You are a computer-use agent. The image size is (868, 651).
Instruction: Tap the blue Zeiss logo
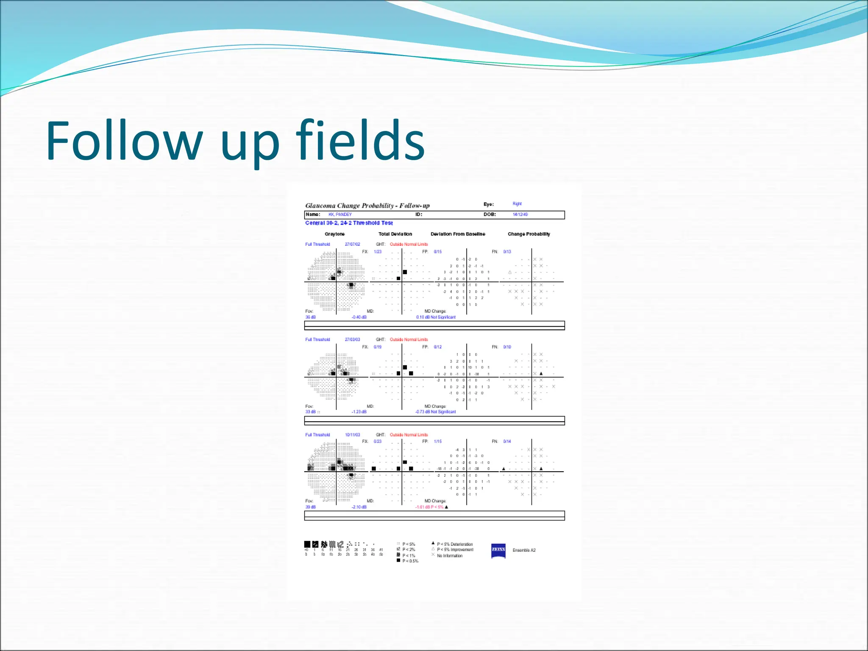(498, 550)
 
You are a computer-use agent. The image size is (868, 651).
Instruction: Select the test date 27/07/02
(352, 245)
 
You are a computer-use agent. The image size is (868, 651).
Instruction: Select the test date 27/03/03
(352, 339)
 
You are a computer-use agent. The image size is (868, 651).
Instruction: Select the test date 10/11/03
(352, 435)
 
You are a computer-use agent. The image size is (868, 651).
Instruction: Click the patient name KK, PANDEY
(340, 214)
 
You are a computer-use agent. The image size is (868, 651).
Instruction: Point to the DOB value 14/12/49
(520, 214)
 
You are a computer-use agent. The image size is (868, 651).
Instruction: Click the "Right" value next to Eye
(517, 204)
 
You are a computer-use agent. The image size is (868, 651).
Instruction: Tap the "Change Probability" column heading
(529, 234)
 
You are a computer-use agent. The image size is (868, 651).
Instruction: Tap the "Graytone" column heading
(334, 234)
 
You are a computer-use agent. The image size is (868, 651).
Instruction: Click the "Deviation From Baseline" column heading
(458, 234)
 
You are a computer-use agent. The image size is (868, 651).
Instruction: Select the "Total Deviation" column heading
(395, 234)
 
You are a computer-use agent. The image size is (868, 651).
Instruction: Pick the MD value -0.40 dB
(359, 317)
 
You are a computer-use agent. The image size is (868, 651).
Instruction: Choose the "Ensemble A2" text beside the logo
(524, 550)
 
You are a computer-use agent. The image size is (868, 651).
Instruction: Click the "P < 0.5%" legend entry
(410, 561)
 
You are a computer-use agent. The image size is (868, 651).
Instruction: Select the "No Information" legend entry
(449, 556)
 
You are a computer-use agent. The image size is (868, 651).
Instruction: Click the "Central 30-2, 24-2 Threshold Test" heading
(349, 223)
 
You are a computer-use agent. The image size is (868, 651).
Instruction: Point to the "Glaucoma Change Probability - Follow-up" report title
(367, 206)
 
